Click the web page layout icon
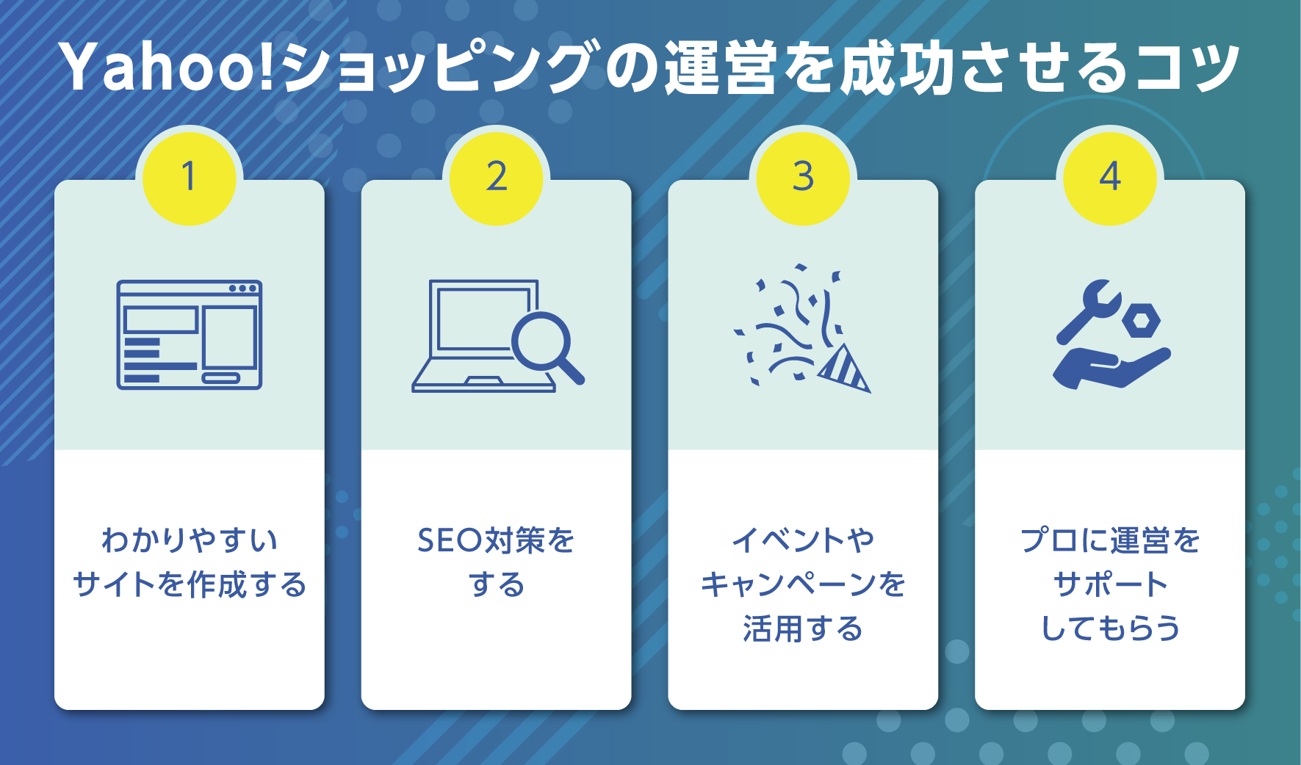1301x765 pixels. [190, 335]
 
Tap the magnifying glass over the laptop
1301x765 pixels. [544, 343]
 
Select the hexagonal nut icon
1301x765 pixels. [1141, 320]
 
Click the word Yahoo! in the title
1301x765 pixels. [165, 68]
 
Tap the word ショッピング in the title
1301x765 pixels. [437, 68]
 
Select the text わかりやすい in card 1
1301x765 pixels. [190, 540]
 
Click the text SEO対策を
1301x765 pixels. [496, 540]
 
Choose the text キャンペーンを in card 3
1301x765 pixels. [803, 584]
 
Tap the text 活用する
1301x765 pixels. [803, 628]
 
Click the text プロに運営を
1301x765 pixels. [1110, 540]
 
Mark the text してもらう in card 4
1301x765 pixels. [1110, 628]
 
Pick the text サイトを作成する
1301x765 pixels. [190, 584]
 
